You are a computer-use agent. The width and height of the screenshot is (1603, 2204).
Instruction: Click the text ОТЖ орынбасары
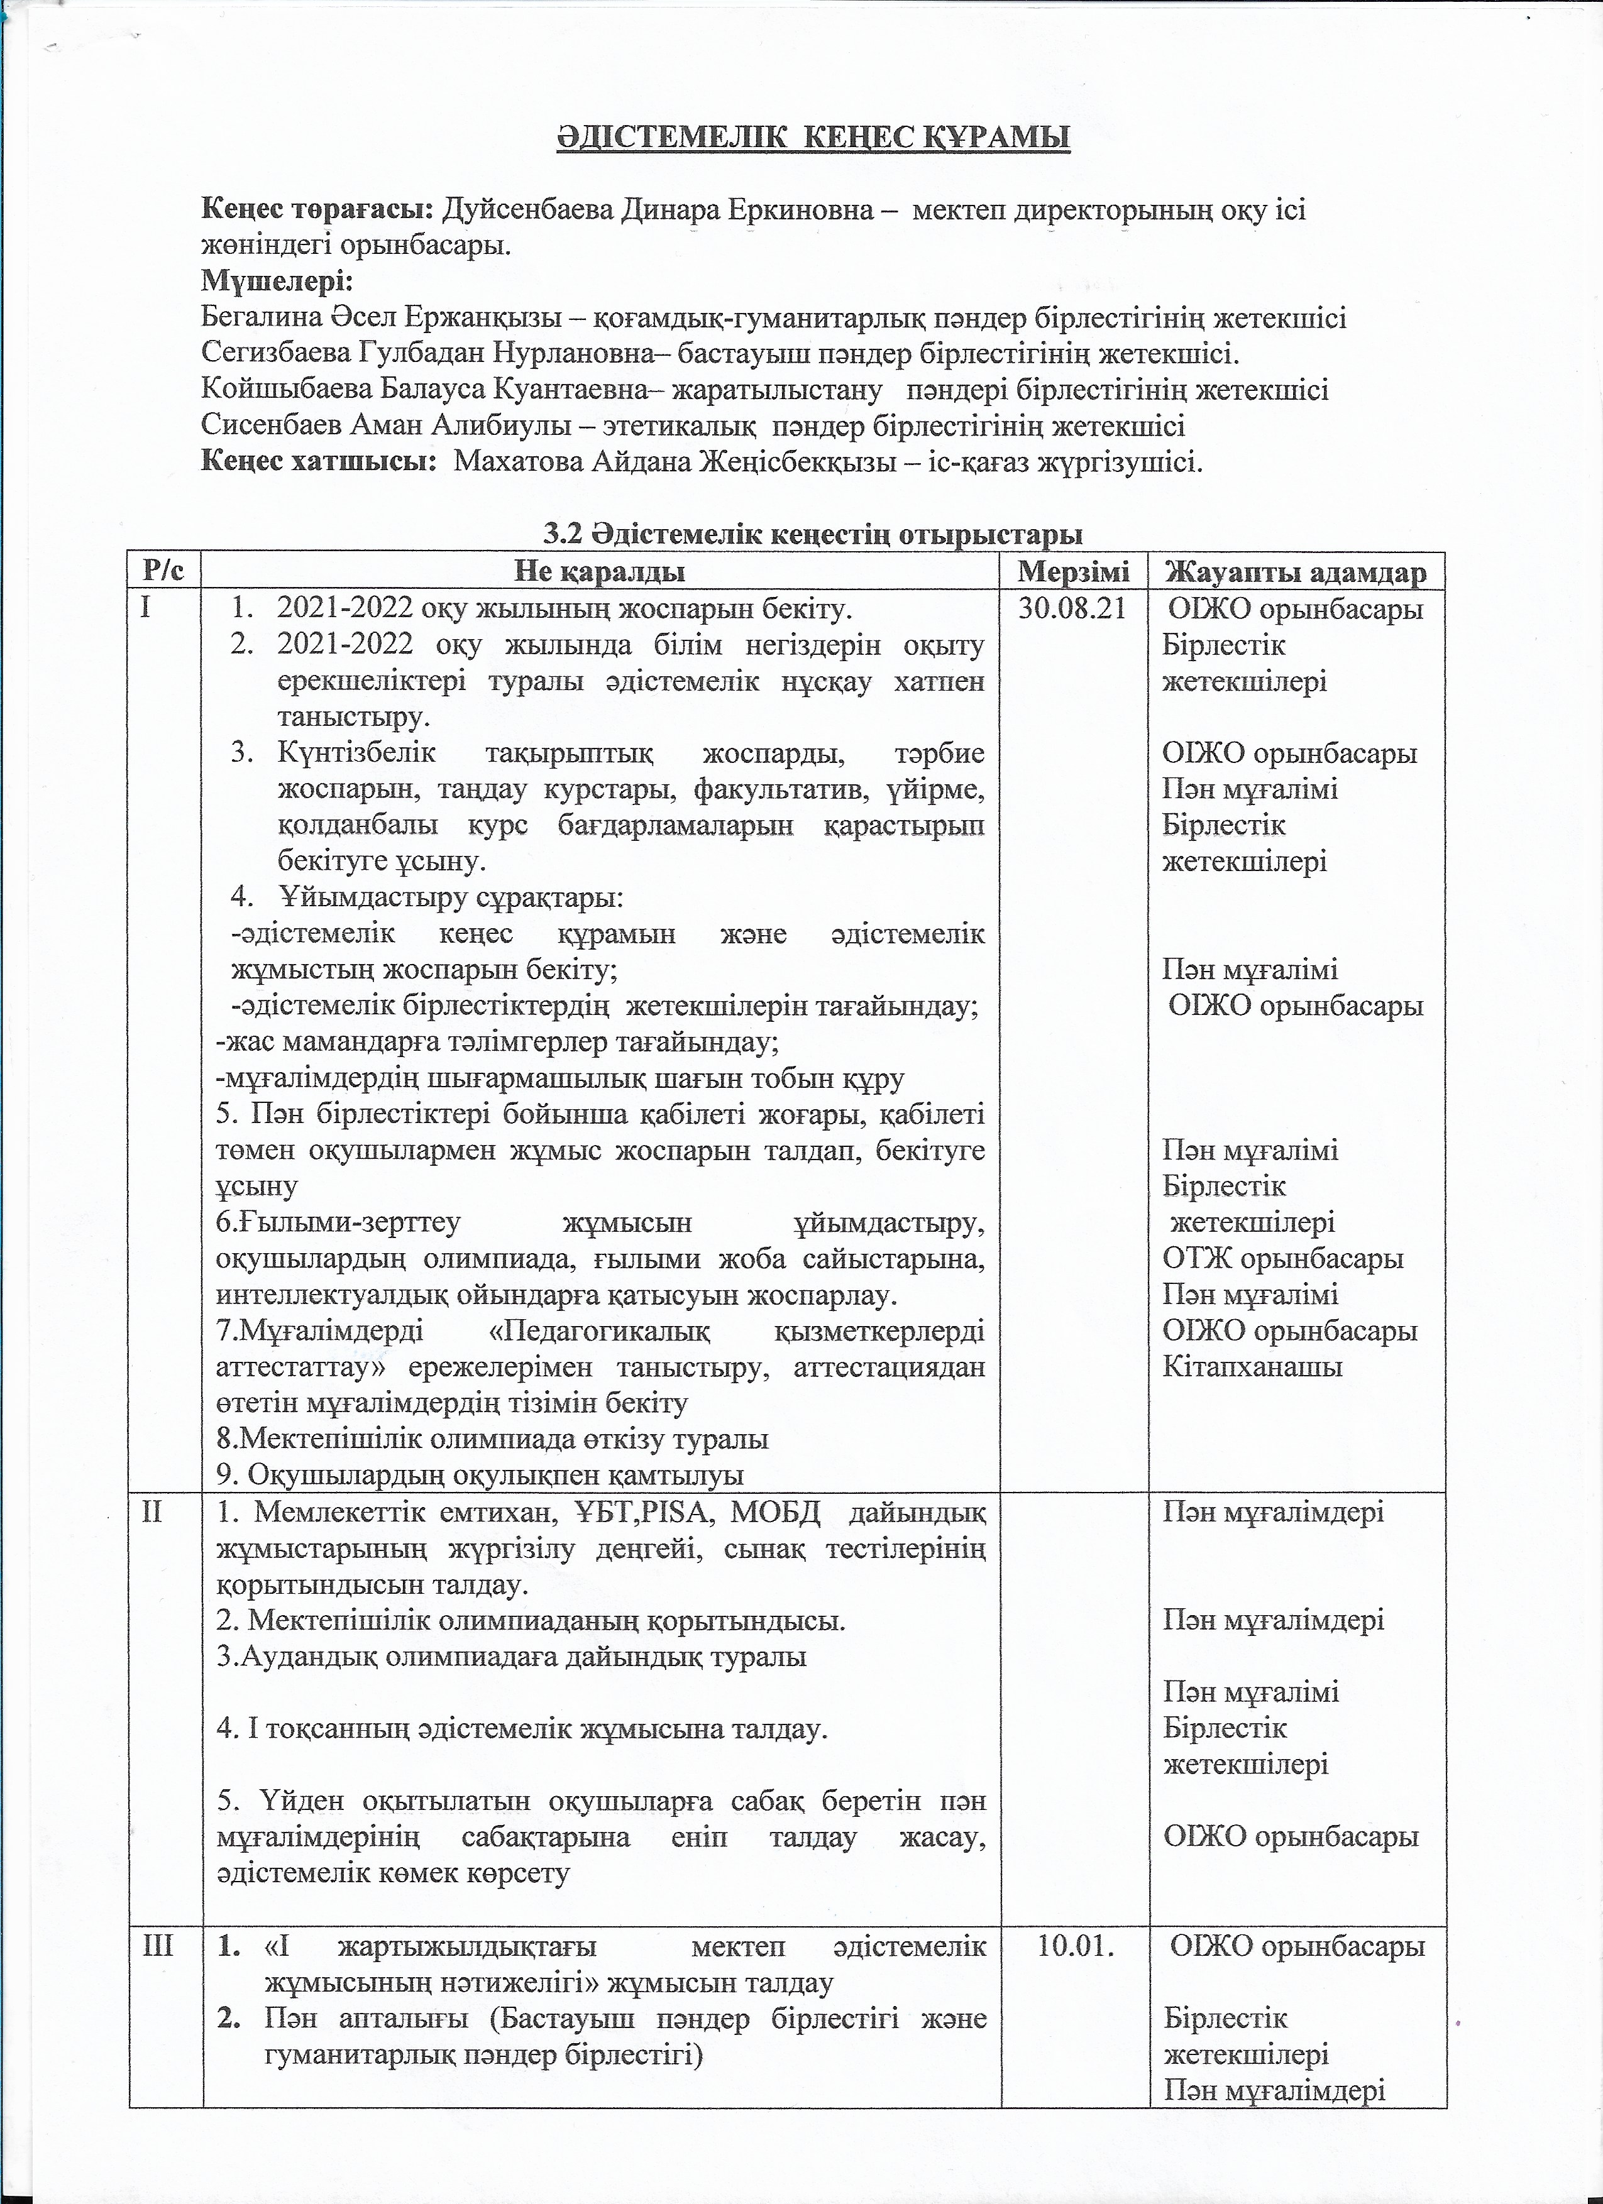pyautogui.click(x=1283, y=1258)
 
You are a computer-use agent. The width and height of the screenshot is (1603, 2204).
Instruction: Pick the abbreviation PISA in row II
pyautogui.click(x=680, y=1513)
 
